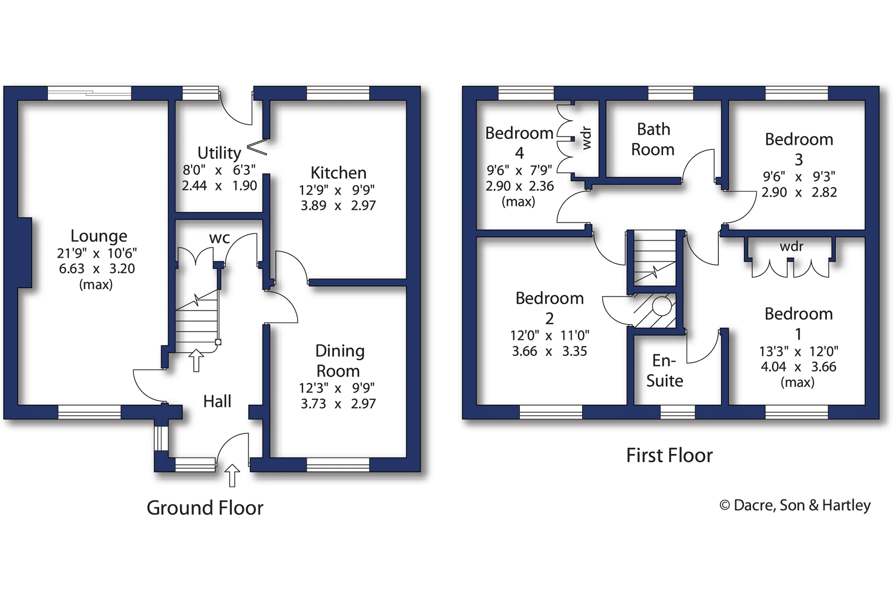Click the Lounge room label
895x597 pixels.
[x=99, y=236]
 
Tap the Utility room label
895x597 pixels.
[x=219, y=153]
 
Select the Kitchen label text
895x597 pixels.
[x=338, y=173]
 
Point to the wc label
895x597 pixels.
[x=219, y=238]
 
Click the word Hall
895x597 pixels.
[x=217, y=402]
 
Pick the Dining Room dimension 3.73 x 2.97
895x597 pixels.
[x=338, y=404]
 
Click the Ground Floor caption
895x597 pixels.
[x=205, y=508]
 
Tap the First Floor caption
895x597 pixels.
[x=669, y=455]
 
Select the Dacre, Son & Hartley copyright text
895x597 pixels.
[x=795, y=505]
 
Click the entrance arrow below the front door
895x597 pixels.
[x=232, y=475]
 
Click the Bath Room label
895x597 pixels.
[x=653, y=139]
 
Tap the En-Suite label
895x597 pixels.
[x=664, y=371]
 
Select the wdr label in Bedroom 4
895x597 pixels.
[x=586, y=138]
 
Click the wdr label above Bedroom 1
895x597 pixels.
[x=791, y=246]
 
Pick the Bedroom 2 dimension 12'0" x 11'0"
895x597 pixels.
[x=549, y=336]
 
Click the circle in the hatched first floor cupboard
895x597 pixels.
[x=662, y=306]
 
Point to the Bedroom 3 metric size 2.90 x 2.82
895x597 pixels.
[x=799, y=193]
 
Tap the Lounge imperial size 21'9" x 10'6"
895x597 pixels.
[x=97, y=253]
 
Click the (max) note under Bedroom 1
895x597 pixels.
[x=797, y=382]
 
